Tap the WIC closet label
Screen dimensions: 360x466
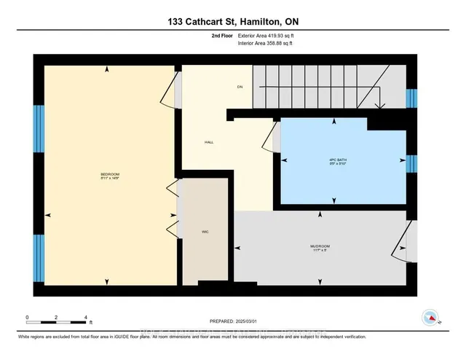(x=206, y=232)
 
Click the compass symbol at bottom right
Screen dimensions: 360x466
(x=430, y=317)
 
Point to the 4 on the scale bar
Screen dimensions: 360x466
(x=87, y=318)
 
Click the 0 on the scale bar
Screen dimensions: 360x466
(x=27, y=318)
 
